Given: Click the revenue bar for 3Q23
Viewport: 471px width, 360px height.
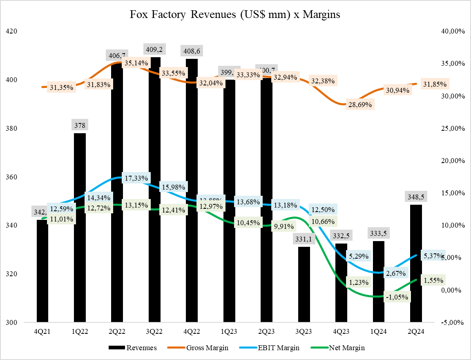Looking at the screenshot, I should point(304,286).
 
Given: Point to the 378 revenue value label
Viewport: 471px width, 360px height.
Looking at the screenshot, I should point(80,125).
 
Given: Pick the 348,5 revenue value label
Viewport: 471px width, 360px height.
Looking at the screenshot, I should point(416,197).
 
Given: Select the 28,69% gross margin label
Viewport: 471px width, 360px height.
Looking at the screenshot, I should point(359,105).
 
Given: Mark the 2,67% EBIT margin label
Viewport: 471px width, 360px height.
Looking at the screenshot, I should point(395,273).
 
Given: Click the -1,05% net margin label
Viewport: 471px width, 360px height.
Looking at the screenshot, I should point(396,297).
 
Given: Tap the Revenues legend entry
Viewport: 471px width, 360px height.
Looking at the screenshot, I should point(133,348).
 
